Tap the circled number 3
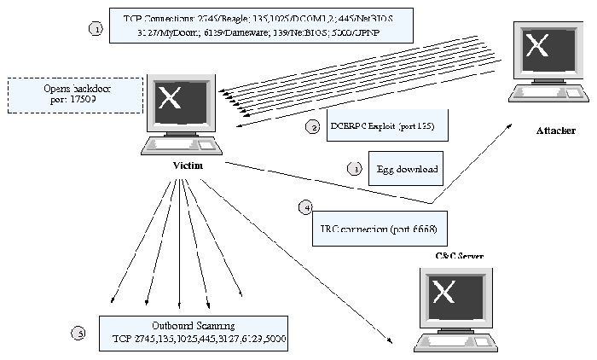pos(353,169)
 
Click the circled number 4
pos(306,207)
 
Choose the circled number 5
pos(79,333)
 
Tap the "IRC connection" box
pos(380,229)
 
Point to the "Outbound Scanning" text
pos(193,325)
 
